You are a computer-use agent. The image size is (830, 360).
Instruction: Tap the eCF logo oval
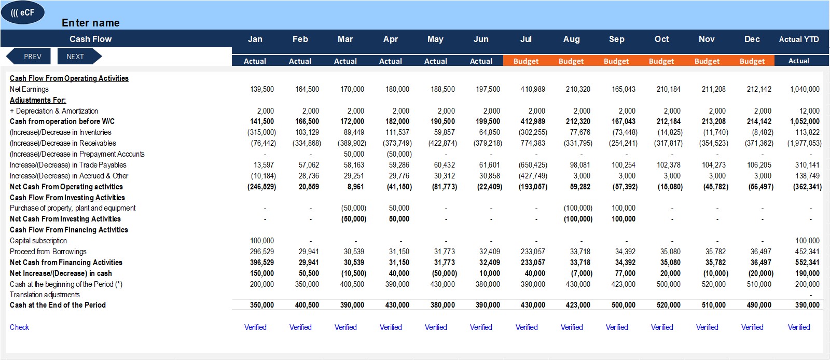tap(23, 12)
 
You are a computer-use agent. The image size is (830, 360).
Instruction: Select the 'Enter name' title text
tap(90, 23)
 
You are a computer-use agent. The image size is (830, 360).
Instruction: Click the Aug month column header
tap(571, 39)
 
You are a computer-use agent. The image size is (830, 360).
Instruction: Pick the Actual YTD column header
tap(799, 39)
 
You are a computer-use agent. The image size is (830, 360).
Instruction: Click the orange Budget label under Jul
tap(526, 61)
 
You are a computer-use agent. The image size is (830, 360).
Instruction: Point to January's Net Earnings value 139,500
tap(262, 89)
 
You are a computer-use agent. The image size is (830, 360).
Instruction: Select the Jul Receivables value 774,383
tap(533, 143)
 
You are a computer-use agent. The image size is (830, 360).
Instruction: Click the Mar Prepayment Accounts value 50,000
tap(354, 154)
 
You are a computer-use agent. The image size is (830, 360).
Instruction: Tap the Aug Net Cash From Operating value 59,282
tap(580, 187)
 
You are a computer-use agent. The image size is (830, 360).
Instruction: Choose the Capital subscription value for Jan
tap(262, 241)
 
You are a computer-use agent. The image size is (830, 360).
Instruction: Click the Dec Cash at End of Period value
tap(759, 305)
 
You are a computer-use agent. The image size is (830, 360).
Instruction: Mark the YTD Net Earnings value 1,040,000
tap(805, 89)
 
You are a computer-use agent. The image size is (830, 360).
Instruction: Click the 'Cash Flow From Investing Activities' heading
tap(67, 198)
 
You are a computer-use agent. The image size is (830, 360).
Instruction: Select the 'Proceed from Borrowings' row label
tap(48, 252)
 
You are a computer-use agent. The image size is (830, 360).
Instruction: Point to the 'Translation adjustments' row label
tap(45, 295)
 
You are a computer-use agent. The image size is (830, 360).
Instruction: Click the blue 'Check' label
tap(19, 327)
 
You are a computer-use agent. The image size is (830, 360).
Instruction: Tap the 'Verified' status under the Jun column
tap(481, 327)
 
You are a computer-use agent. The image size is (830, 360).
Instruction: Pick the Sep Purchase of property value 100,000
tap(623, 208)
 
